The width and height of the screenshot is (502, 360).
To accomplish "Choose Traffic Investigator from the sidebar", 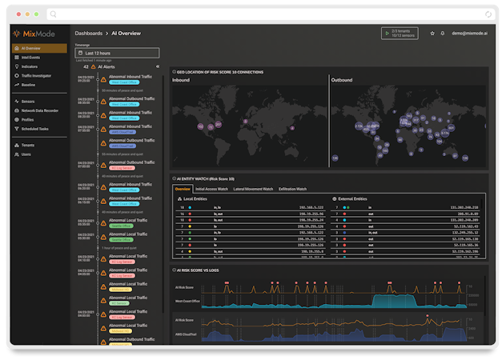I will coord(36,75).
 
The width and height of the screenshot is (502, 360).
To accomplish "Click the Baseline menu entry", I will coord(28,84).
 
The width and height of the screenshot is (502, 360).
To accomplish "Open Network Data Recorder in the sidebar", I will coord(39,110).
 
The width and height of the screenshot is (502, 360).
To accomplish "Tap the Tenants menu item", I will coord(28,145).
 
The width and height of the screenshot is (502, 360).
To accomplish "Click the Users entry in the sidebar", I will coord(26,154).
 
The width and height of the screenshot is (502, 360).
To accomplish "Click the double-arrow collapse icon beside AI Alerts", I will coord(158,66).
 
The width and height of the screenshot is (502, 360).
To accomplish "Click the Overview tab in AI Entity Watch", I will coord(183,189).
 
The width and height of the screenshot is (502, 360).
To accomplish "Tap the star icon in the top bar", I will coord(432,34).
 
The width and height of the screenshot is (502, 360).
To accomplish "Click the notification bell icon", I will coord(443,34).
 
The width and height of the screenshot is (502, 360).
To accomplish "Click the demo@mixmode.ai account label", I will coord(469,34).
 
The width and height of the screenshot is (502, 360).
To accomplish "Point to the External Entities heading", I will coord(353,198).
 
